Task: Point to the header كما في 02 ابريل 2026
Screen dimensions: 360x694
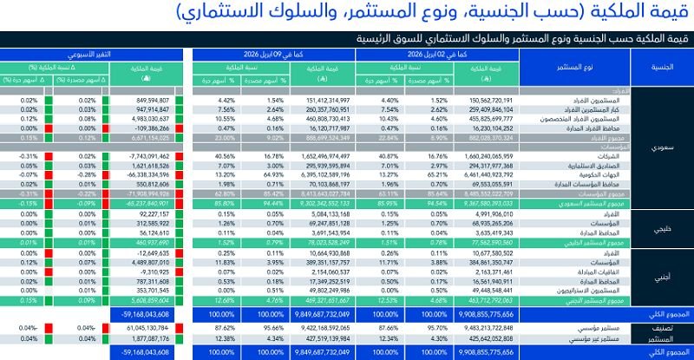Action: pos(437,54)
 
